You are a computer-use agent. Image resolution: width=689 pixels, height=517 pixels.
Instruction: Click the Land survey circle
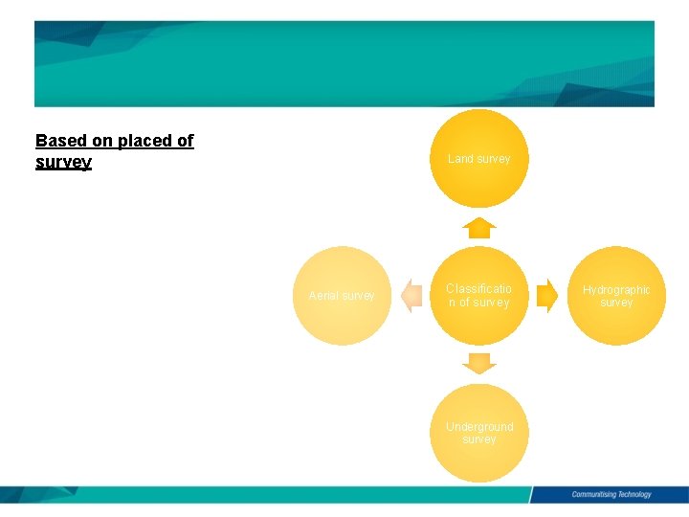478,158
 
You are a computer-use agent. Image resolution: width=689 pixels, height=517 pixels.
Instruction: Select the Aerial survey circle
341,296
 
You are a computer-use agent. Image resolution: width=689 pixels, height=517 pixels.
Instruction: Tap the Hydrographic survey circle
616,296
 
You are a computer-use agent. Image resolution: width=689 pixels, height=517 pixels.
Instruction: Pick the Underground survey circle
478,433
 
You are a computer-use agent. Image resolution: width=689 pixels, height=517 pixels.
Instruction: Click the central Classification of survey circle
478,296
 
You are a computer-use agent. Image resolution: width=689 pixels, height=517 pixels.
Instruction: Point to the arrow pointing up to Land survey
478,228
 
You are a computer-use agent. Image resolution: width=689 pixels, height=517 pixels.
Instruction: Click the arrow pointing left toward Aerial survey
411,296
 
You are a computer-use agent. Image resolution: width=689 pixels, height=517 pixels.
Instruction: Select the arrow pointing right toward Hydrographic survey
546,296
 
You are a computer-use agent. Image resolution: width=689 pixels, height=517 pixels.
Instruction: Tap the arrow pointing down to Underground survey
478,364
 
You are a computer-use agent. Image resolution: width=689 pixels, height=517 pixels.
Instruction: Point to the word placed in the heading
144,142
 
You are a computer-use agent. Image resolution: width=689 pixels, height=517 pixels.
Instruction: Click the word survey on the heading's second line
63,163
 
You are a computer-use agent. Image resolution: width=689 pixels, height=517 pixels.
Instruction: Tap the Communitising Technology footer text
611,495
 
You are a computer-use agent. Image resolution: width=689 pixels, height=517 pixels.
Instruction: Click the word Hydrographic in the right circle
616,290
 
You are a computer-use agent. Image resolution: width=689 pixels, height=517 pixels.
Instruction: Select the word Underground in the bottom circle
479,427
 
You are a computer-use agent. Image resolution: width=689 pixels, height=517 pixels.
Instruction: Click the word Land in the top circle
460,159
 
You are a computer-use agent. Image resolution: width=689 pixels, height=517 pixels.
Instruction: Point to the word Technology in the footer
631,495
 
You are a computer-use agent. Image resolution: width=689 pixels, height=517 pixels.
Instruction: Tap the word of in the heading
184,142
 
